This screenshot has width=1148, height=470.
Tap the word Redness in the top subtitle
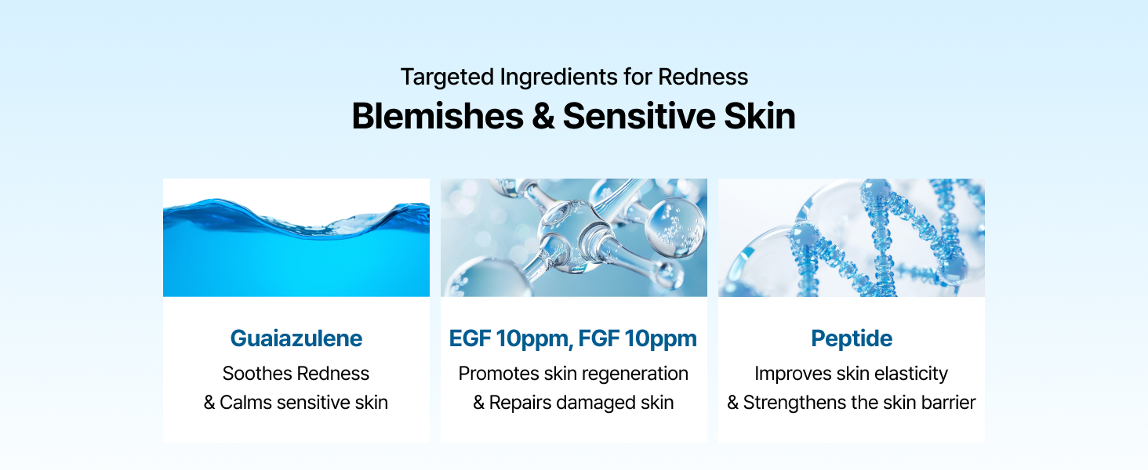(x=703, y=77)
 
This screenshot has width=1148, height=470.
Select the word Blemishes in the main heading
(x=438, y=116)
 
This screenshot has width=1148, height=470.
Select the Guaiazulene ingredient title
(x=296, y=338)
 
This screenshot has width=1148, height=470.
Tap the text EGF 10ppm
(x=506, y=338)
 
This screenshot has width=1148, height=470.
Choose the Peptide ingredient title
(x=851, y=338)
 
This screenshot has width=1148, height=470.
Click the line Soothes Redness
(x=296, y=374)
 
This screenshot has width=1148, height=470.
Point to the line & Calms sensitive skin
(x=296, y=403)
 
